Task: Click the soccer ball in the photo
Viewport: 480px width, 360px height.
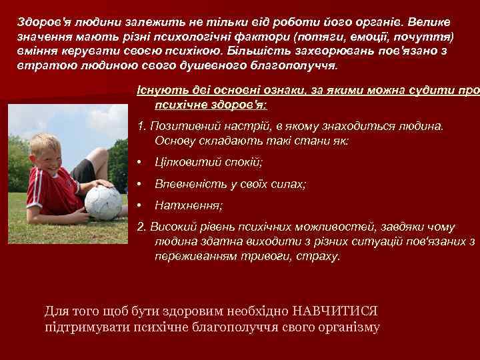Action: pyautogui.click(x=103, y=203)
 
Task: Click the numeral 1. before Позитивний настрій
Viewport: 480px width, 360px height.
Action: pyautogui.click(x=141, y=126)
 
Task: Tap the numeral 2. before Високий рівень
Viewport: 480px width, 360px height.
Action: pyautogui.click(x=141, y=227)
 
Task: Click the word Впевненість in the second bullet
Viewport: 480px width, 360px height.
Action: pyautogui.click(x=188, y=184)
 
